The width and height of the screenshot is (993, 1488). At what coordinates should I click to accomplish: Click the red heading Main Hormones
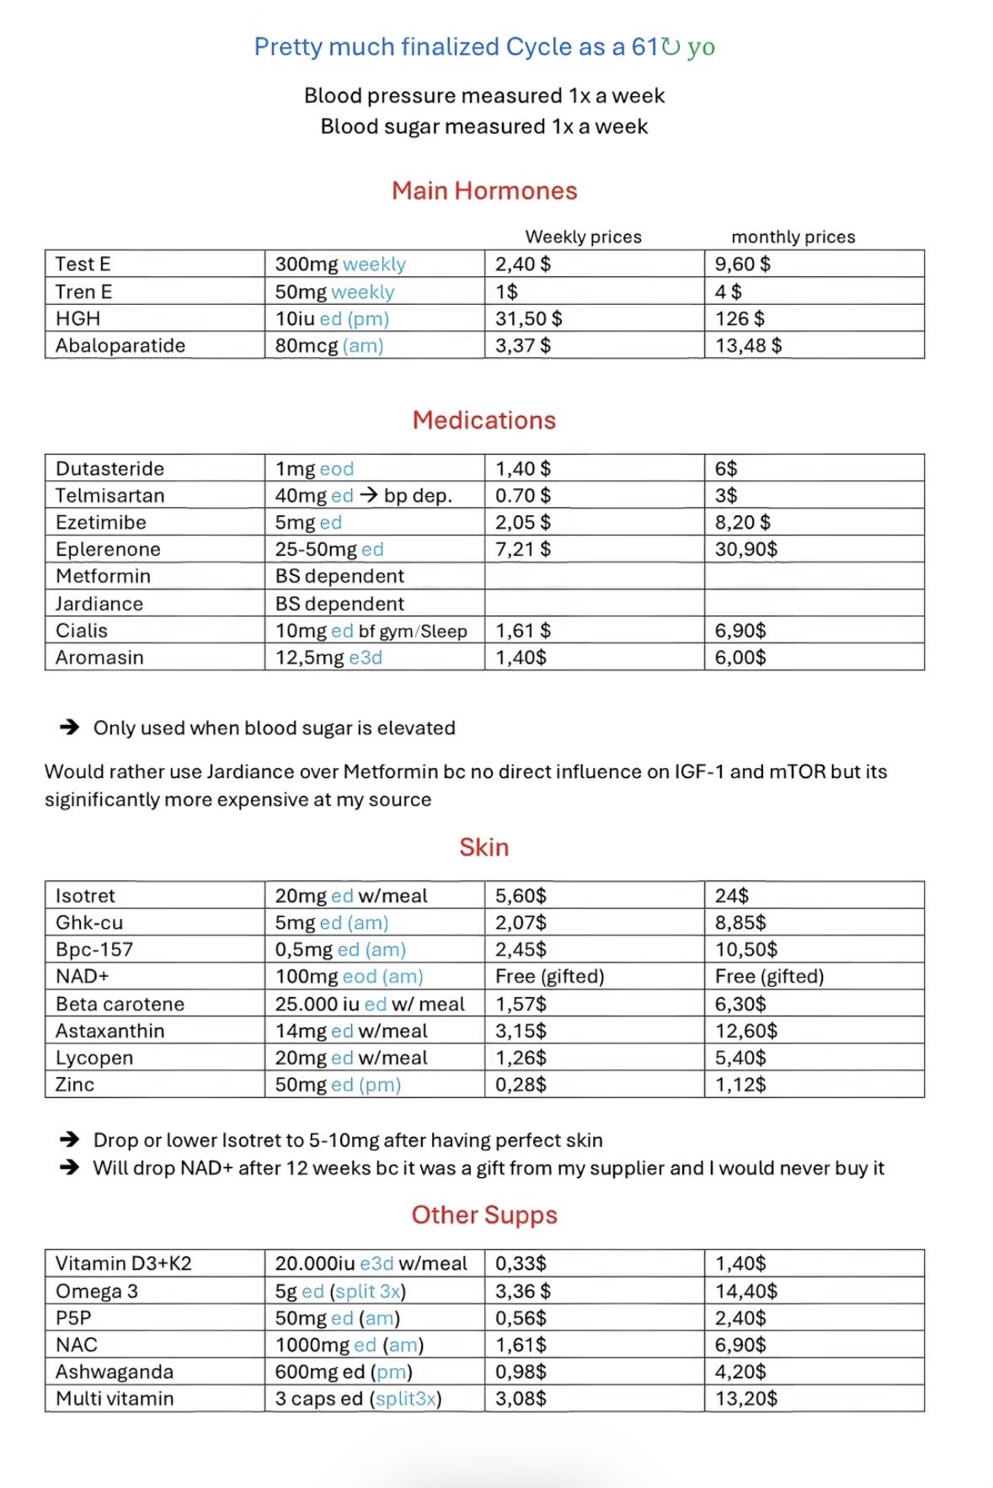point(484,191)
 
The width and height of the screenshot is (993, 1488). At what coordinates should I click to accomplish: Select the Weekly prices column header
point(583,237)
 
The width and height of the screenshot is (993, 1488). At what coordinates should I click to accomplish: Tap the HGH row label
point(77,318)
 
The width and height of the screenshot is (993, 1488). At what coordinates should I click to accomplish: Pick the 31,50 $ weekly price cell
point(528,318)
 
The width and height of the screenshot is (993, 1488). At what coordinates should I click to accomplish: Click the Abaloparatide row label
point(120,345)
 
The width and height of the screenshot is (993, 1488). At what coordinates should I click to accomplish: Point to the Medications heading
point(484,420)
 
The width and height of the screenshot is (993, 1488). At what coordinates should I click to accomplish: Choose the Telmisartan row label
point(109,495)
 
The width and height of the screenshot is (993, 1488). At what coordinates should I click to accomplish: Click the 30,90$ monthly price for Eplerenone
point(745,549)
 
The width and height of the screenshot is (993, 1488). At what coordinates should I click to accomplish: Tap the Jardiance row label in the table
point(99,604)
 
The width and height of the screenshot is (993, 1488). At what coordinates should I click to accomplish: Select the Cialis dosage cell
point(371,631)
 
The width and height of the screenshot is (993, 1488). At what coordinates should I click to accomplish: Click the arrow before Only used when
point(69,728)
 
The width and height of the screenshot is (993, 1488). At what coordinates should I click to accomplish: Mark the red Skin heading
point(484,847)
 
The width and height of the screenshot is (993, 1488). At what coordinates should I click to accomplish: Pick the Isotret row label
point(85,895)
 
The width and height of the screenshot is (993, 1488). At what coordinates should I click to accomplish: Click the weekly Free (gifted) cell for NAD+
point(549,976)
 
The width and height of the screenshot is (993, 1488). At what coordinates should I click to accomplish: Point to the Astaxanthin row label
point(109,1031)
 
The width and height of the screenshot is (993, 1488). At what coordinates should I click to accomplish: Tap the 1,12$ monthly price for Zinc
point(740,1085)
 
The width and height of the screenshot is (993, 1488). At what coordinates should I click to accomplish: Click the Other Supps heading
point(484,1215)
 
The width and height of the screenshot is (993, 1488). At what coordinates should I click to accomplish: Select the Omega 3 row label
point(96,1291)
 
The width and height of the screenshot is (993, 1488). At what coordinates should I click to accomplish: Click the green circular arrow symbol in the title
point(670,46)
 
